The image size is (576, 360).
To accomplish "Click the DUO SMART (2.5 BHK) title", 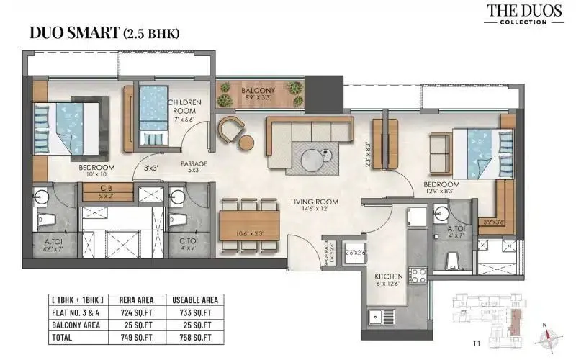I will coord(104,33).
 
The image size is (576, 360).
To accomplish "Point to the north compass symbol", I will coord(549,334).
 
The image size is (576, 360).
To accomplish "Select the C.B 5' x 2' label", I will coord(105,191).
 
